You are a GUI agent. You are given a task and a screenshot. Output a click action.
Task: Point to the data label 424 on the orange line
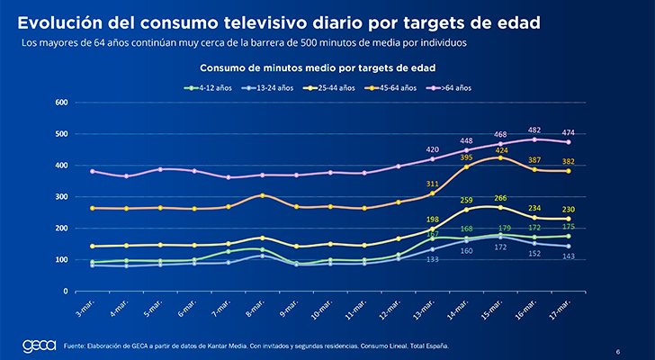[501, 150]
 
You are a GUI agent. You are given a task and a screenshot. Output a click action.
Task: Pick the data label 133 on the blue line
[433, 259]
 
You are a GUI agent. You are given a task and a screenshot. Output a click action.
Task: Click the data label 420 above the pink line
[433, 149]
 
